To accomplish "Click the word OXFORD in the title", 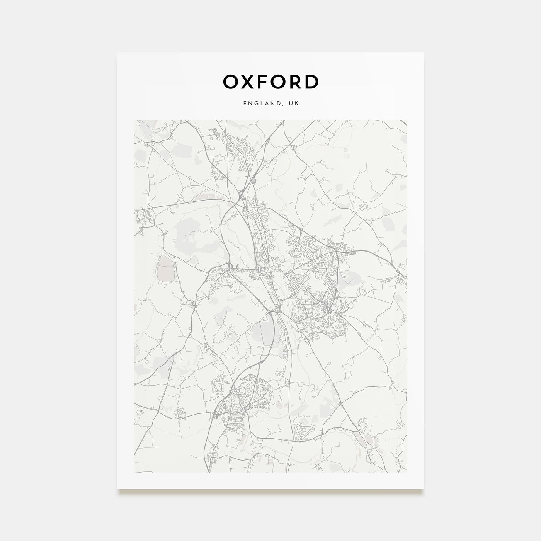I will pyautogui.click(x=270, y=82).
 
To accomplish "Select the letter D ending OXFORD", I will pyautogui.click(x=311, y=82).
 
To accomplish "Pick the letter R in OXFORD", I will pyautogui.click(x=295, y=82).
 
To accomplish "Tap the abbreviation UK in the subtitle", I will pyautogui.click(x=294, y=104).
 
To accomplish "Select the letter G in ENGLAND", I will pyautogui.click(x=255, y=104).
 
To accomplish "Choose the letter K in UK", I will pyautogui.click(x=296, y=104).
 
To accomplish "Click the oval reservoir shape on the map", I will pyautogui.click(x=165, y=267).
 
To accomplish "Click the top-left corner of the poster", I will pyautogui.click(x=118, y=53).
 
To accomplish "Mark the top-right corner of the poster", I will pyautogui.click(x=424, y=53).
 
